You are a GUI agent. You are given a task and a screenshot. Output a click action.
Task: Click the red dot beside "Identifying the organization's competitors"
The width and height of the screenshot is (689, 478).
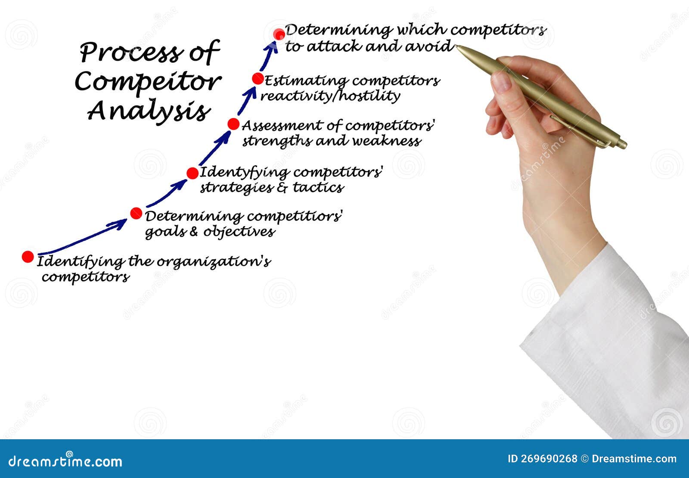pyautogui.click(x=28, y=257)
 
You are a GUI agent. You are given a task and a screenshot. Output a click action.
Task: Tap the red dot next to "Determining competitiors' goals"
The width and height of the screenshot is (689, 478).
pyautogui.click(x=136, y=213)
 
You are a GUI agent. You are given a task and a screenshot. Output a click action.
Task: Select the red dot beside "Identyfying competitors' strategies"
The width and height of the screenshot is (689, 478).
pyautogui.click(x=192, y=173)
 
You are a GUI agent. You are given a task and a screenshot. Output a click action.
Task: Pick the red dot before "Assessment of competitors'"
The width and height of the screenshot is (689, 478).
pyautogui.click(x=233, y=124)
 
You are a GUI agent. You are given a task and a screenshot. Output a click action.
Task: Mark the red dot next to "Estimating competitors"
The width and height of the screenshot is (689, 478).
pyautogui.click(x=258, y=79)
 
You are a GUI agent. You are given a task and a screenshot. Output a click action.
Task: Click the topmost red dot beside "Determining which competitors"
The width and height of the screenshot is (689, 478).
pyautogui.click(x=279, y=34)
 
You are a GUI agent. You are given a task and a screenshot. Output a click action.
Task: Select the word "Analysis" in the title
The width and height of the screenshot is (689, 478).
pyautogui.click(x=149, y=111)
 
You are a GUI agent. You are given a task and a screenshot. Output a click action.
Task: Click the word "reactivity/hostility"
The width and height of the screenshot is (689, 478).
pyautogui.click(x=330, y=96)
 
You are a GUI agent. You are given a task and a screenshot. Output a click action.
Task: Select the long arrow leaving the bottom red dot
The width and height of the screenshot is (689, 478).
pyautogui.click(x=82, y=238)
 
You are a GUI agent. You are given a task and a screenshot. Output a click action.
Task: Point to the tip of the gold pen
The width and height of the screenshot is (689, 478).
pyautogui.click(x=458, y=47)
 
